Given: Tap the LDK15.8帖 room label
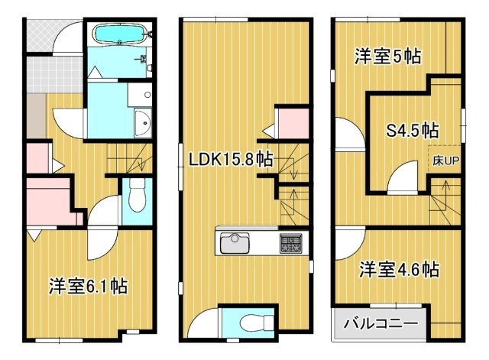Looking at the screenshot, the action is point(231,159).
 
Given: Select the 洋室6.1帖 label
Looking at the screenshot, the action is point(88,286).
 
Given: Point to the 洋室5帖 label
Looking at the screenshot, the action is point(387,57).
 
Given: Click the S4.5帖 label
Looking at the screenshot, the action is point(413,131).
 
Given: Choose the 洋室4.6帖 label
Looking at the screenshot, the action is point(399,269).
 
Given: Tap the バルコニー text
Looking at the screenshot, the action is point(381,323).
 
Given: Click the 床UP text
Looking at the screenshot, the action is point(445,161).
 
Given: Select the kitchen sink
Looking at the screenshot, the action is point(235,243).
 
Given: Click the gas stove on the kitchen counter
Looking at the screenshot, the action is point(290,243).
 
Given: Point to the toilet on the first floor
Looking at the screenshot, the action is point(138,199).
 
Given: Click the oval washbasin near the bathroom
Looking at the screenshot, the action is point(143,123).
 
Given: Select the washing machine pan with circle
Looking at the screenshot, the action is point(140,94).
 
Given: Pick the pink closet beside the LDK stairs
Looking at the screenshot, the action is point(293,123).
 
